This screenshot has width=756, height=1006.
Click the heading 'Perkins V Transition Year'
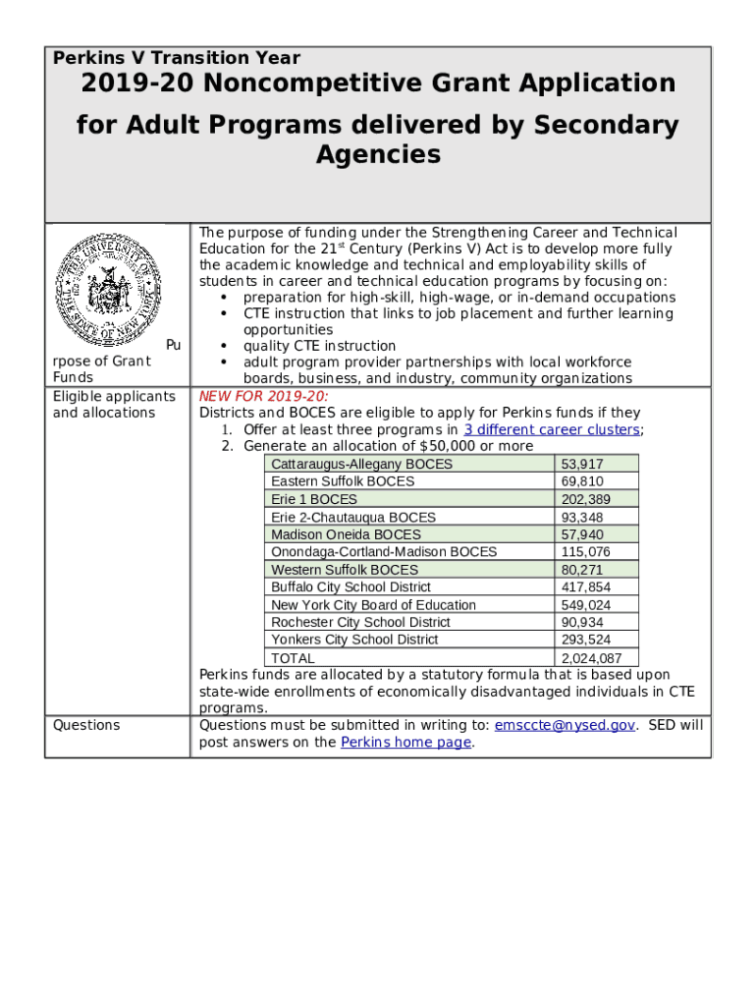(x=177, y=58)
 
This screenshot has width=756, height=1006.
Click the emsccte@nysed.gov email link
(x=566, y=725)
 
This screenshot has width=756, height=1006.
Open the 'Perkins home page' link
(x=405, y=742)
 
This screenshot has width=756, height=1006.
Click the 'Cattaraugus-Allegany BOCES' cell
(x=361, y=464)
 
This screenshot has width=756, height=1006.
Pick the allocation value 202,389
(x=583, y=499)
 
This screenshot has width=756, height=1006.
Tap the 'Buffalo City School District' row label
(x=351, y=587)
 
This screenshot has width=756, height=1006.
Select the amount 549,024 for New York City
(x=586, y=605)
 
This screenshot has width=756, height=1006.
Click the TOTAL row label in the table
(x=293, y=658)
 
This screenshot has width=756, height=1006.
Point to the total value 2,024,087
(x=591, y=658)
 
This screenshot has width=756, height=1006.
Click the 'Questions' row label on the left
(x=86, y=725)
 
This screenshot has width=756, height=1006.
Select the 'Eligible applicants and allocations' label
(x=114, y=405)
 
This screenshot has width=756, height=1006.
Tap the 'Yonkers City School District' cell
(x=354, y=640)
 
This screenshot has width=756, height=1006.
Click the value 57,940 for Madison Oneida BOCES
(x=583, y=534)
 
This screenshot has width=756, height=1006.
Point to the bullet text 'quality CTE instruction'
(x=319, y=346)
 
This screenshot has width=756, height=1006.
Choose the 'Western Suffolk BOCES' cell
(x=345, y=570)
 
